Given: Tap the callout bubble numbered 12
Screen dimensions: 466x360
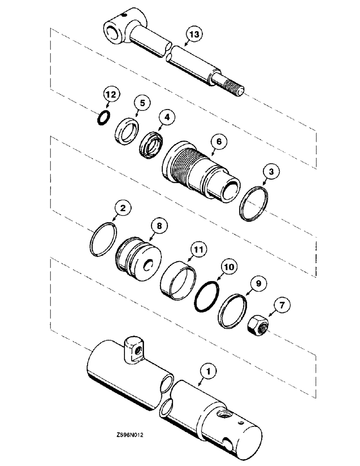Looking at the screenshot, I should click(110, 96).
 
